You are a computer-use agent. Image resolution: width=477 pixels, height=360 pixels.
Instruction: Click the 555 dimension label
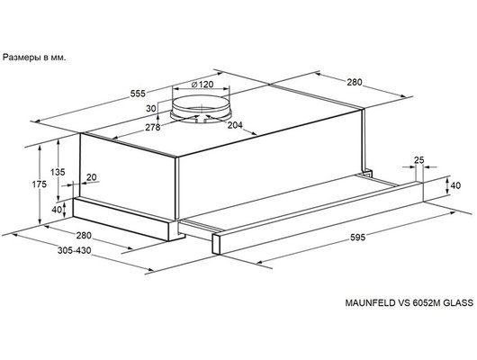(x=138, y=94)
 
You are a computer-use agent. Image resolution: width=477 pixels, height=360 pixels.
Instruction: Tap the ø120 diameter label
(x=202, y=84)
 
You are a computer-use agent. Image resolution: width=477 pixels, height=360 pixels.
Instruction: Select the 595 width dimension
(x=358, y=237)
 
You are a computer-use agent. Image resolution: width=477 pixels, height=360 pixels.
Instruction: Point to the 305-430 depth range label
(x=74, y=250)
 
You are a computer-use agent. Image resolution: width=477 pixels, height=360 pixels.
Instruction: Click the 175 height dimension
(x=40, y=184)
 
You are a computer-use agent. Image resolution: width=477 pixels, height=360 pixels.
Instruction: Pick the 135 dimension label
(x=58, y=172)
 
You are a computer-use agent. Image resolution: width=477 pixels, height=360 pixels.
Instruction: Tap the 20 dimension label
(x=91, y=177)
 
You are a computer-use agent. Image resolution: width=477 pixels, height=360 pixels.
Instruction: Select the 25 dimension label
(x=418, y=160)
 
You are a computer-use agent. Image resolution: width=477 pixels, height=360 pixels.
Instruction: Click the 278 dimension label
(x=152, y=127)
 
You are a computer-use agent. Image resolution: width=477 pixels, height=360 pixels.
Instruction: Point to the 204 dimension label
(x=235, y=125)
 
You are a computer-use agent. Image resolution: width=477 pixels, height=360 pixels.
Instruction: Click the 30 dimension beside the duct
(x=151, y=108)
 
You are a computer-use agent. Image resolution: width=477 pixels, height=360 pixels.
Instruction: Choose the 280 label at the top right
(x=355, y=82)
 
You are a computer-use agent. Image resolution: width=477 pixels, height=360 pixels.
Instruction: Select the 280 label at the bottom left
(x=84, y=235)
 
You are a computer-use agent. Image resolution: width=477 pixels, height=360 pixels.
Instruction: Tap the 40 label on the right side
(x=455, y=185)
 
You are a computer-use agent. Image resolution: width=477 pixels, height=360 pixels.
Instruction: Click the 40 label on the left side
(x=57, y=210)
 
